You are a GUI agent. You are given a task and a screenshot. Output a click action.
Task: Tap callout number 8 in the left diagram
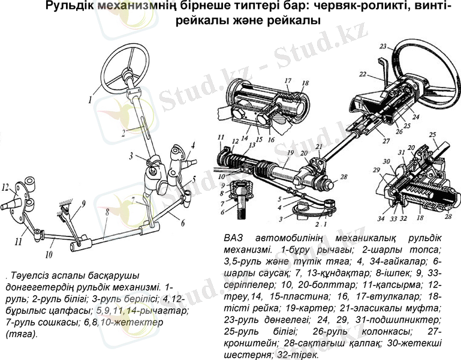pyautogui.click(x=106, y=212)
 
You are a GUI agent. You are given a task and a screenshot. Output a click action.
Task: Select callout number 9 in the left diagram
pyautogui.click(x=83, y=203)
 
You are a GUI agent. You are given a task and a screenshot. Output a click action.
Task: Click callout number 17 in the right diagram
pyautogui.click(x=287, y=80)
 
